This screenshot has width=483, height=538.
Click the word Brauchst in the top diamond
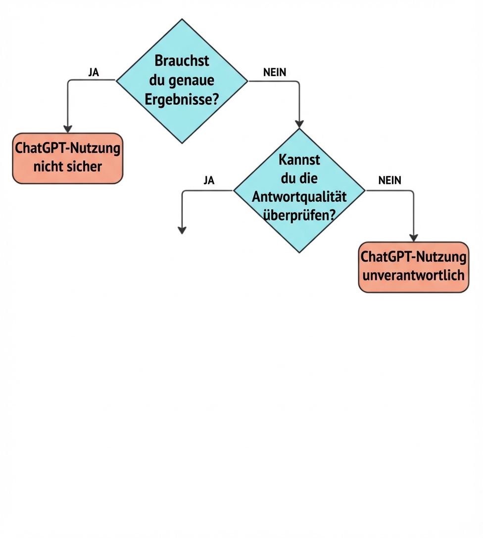pyautogui.click(x=182, y=61)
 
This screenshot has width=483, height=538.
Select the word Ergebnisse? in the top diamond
pyautogui.click(x=182, y=99)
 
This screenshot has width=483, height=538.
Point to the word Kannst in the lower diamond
pyautogui.click(x=299, y=160)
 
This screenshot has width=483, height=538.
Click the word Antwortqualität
pyautogui.click(x=299, y=196)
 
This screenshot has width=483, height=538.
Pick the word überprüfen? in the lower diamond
pyautogui.click(x=299, y=215)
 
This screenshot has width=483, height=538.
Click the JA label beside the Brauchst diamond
pyautogui.click(x=93, y=72)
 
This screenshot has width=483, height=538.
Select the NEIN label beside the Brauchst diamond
pyautogui.click(x=275, y=72)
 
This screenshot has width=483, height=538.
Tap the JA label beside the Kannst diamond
pyautogui.click(x=209, y=180)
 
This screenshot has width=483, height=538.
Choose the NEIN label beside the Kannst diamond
pyautogui.click(x=389, y=180)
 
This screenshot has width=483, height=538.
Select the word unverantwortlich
pyautogui.click(x=413, y=275)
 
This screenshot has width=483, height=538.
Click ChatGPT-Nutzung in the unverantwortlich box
pyautogui.click(x=413, y=257)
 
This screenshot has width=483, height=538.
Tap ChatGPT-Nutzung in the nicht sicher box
pyautogui.click(x=68, y=148)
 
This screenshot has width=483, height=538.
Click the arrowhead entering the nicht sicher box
pyautogui.click(x=68, y=129)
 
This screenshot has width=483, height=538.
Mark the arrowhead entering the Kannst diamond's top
pyautogui.click(x=299, y=124)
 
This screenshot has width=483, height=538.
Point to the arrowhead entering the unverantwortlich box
pyautogui.click(x=413, y=238)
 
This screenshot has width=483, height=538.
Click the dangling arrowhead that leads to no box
pyautogui.click(x=182, y=230)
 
